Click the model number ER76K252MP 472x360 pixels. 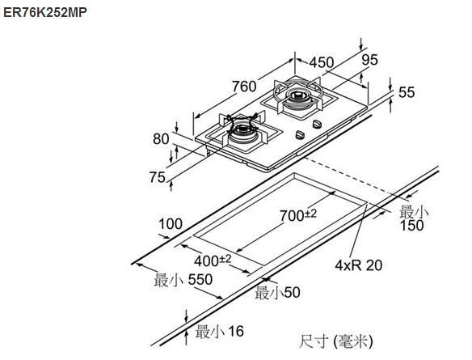tap(45, 12)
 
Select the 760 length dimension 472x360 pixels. tap(244, 87)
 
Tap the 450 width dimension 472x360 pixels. tap(322, 62)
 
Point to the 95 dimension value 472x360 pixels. tap(369, 60)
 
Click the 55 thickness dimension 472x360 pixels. tap(407, 92)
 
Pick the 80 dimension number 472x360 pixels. tap(161, 139)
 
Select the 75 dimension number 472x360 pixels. tap(158, 177)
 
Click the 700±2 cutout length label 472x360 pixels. tap(298, 215)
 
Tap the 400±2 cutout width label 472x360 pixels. tap(213, 260)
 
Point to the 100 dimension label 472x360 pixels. tap(171, 224)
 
